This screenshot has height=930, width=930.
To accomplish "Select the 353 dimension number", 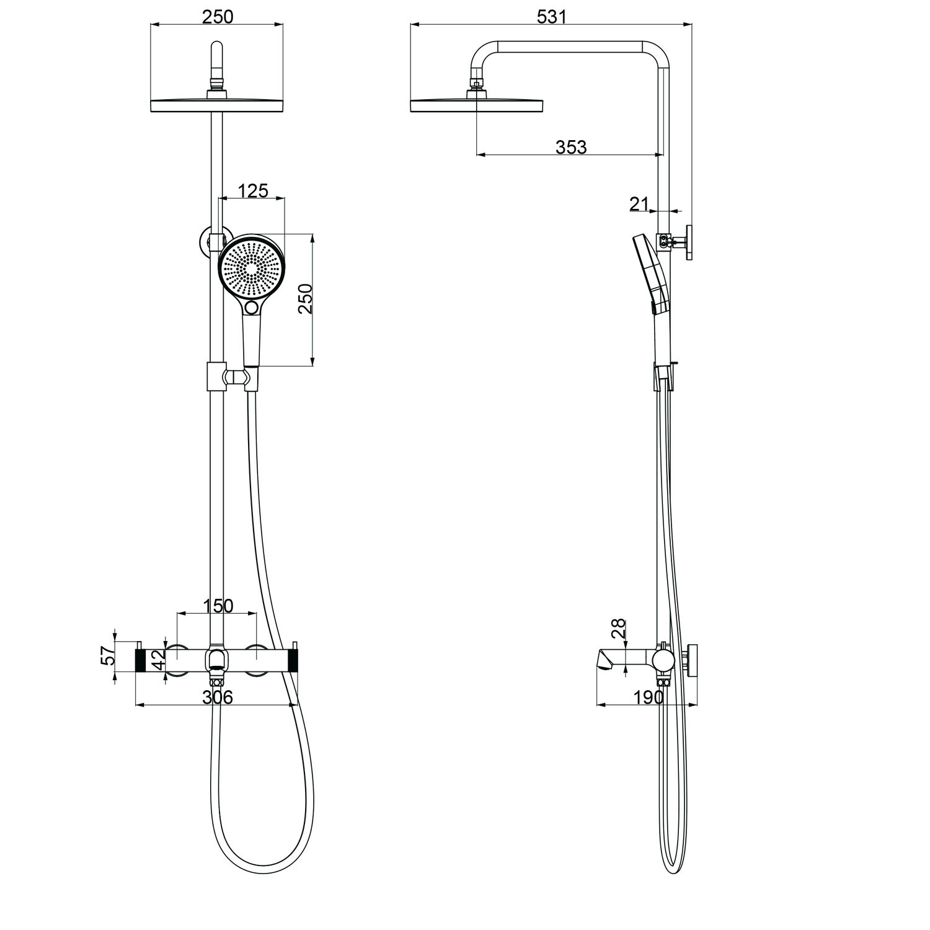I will point(570,147).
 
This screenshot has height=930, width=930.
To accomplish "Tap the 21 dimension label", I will point(639,203).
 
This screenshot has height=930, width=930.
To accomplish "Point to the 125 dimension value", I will point(253,190).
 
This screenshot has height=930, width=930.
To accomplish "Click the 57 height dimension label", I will point(108,656).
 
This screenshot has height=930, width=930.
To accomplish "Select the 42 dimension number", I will point(158,660).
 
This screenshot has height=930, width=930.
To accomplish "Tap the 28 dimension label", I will point(618,630).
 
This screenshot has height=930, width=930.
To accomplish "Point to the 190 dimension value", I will point(649,697).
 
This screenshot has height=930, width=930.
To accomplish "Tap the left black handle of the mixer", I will point(140,661).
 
